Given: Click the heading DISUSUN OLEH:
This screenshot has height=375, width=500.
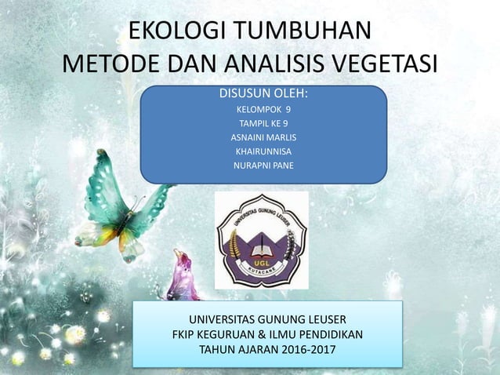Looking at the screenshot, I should [263, 95].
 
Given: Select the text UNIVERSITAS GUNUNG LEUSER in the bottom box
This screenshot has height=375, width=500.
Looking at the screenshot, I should [267, 319].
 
